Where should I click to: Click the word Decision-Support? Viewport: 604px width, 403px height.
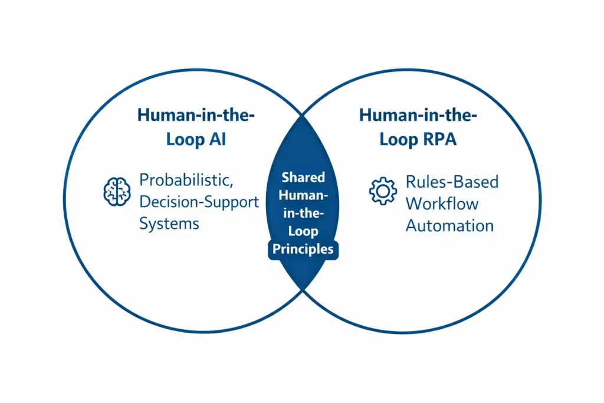(x=199, y=202)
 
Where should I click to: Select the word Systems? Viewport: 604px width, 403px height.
(x=169, y=224)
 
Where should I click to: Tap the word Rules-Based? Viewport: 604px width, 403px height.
(x=452, y=182)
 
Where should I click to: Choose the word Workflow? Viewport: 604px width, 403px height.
(x=442, y=204)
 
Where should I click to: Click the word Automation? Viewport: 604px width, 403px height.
(x=449, y=225)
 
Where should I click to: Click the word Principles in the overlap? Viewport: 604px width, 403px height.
(x=303, y=249)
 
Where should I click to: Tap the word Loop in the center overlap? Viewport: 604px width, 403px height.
(x=303, y=231)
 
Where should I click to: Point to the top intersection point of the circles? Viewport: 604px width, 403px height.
(x=303, y=114)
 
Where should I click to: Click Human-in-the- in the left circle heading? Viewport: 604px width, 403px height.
(x=196, y=115)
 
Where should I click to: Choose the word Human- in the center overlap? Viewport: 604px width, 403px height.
(x=303, y=195)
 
